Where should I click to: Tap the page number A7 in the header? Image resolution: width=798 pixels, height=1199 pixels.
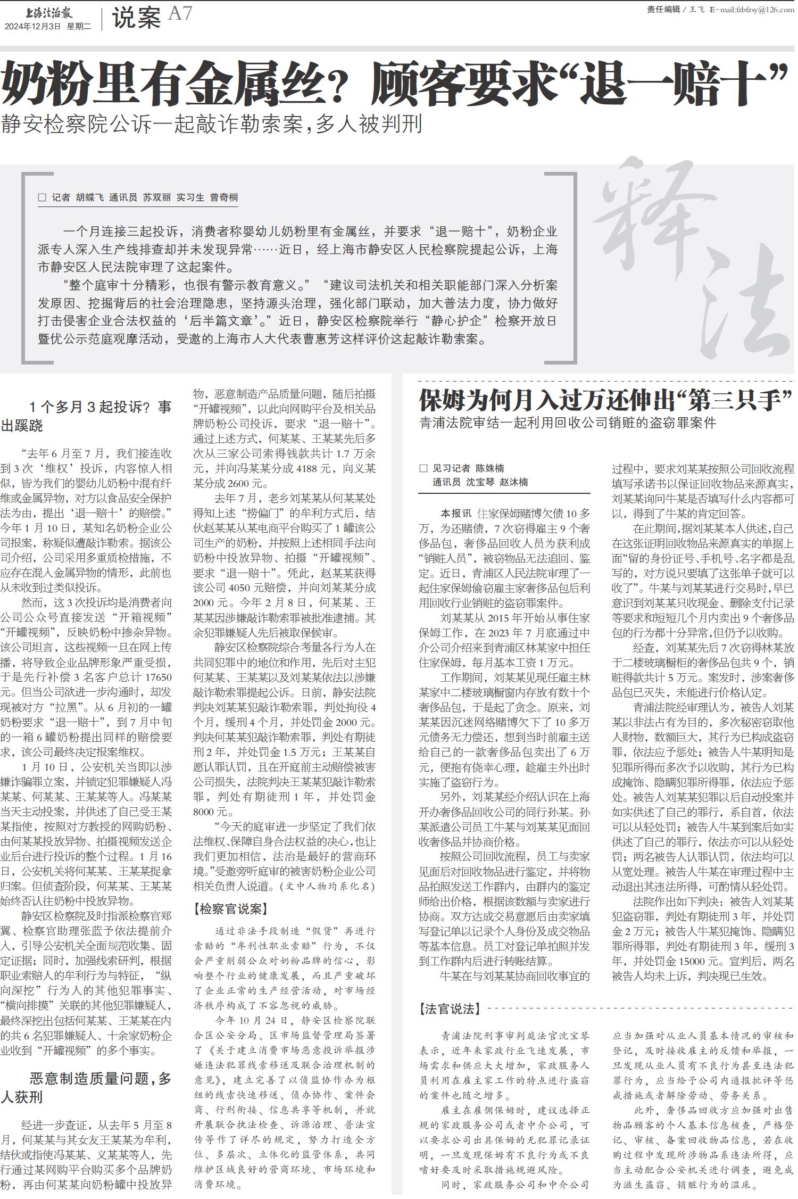[180, 14]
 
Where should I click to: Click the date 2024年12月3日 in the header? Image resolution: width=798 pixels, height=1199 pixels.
[33, 27]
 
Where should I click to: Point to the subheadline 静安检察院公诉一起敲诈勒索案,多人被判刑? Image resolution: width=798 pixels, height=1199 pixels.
[212, 123]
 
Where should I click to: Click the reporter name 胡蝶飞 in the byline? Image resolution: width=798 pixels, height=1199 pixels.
[89, 197]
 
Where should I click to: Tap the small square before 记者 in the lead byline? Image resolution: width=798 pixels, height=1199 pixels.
[42, 197]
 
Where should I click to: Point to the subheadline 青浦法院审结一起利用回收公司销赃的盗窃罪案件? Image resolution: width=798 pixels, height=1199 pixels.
[568, 423]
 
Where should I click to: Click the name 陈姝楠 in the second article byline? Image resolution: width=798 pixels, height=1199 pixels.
[489, 468]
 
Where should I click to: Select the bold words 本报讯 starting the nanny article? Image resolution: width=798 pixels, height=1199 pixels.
[456, 514]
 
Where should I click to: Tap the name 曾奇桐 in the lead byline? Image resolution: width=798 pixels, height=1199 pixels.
[224, 197]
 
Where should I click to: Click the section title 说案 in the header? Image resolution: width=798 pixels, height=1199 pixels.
[136, 19]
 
